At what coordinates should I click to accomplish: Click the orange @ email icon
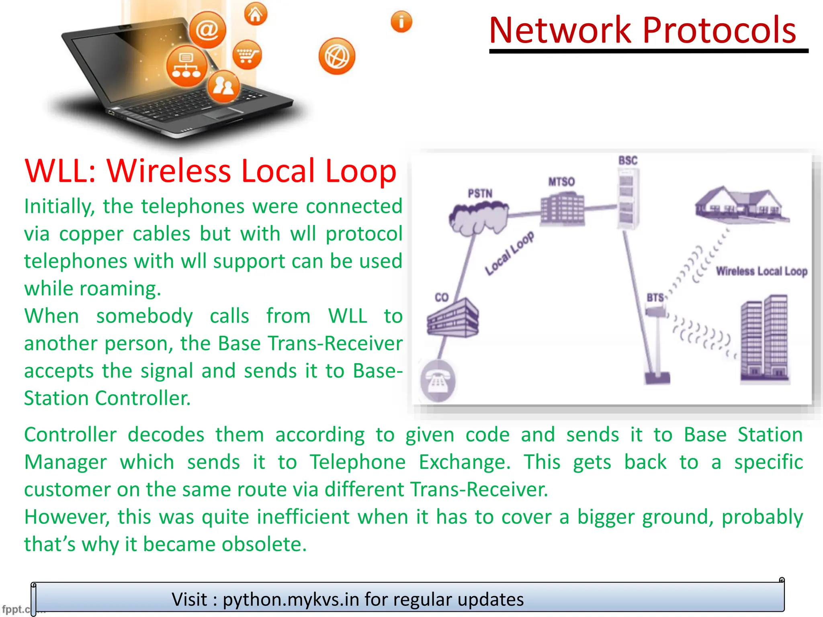click(x=207, y=30)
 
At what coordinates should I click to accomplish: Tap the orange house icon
click(x=256, y=14)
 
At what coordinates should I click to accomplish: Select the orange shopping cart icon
click(x=246, y=55)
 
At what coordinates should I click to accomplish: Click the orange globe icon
click(x=337, y=56)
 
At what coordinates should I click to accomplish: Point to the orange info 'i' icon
click(x=401, y=22)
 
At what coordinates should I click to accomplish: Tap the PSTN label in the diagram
click(x=480, y=194)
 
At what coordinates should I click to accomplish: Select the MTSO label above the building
click(x=561, y=182)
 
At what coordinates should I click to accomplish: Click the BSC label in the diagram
click(x=628, y=161)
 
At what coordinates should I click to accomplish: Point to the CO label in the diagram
click(x=441, y=297)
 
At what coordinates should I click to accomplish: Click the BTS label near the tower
click(x=655, y=298)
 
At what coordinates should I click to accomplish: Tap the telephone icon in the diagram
click(x=438, y=381)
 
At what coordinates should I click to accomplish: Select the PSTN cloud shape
click(x=478, y=218)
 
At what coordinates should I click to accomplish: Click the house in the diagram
click(x=741, y=204)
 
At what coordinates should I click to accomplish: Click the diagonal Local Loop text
click(x=509, y=253)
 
